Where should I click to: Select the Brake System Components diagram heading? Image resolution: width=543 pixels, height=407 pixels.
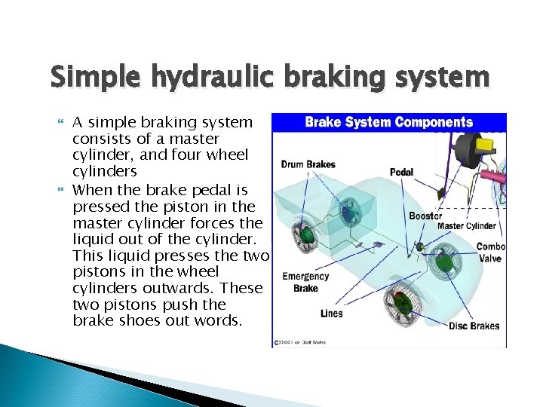point(388,123)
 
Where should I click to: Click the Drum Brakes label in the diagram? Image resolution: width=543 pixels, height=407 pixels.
point(308,164)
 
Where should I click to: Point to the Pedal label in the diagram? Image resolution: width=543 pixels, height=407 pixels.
point(401,172)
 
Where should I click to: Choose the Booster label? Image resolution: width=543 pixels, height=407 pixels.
point(425,216)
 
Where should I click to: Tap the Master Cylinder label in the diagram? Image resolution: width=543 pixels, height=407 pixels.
point(467,226)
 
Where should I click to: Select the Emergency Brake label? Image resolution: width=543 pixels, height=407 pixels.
point(305,282)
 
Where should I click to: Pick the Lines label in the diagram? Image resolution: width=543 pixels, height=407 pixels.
point(330,314)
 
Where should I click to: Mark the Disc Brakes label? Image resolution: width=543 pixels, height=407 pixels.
point(474,326)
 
